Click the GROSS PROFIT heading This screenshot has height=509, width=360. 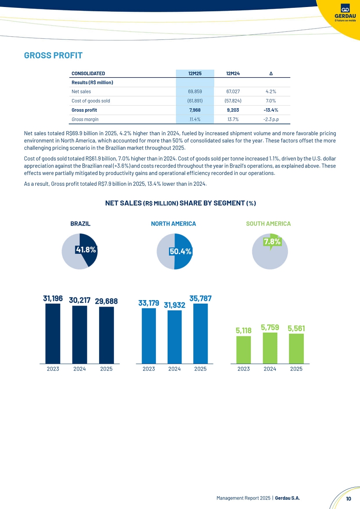53,55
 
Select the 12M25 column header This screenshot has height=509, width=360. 195,73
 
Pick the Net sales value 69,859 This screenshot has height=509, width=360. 195,92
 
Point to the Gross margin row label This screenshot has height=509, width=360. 85,119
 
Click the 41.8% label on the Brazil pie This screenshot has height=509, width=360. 86,249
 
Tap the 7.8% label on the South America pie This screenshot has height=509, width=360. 272,241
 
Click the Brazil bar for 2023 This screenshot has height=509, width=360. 53,333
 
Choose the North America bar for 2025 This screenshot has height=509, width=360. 200,333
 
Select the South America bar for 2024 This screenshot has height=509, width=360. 270,348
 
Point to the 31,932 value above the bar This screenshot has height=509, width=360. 175,305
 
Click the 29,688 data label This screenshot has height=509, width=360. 106,301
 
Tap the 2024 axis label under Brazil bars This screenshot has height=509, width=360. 79,369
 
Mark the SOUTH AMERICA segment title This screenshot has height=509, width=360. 268,224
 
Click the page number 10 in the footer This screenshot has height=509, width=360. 348,499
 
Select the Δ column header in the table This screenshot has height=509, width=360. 271,73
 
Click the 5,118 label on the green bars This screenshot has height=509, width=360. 243,331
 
